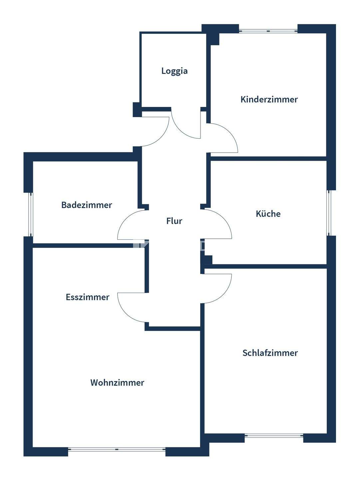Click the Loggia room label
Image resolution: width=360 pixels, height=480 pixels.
tap(175, 71)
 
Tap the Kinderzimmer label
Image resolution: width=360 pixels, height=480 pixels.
tap(269, 99)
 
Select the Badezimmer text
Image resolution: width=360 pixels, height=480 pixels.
tap(87, 205)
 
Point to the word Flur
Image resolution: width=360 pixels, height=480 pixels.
tap(174, 221)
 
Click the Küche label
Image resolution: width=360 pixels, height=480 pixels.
tap(268, 214)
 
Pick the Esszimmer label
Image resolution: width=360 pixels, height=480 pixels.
tap(88, 297)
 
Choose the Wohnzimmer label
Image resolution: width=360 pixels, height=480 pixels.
tap(117, 383)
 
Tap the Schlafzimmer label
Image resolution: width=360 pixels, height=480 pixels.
tap(270, 353)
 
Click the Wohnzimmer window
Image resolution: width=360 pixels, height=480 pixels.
tap(117, 449)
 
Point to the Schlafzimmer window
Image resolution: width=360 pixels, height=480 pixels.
tap(274, 436)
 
